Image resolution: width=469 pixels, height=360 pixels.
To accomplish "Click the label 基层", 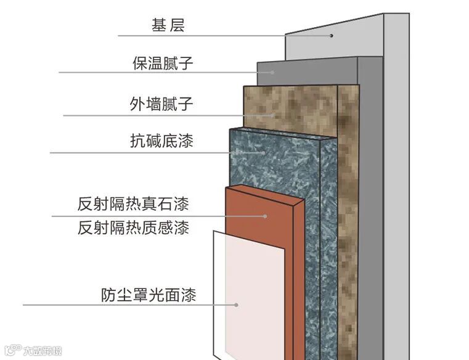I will coord(168,25).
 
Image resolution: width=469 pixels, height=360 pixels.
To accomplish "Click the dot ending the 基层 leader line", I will coord(332,35).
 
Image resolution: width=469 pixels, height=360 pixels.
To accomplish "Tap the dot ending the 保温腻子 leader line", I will coord(273,72).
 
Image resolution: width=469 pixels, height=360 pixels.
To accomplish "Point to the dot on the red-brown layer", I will coord(266,216).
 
